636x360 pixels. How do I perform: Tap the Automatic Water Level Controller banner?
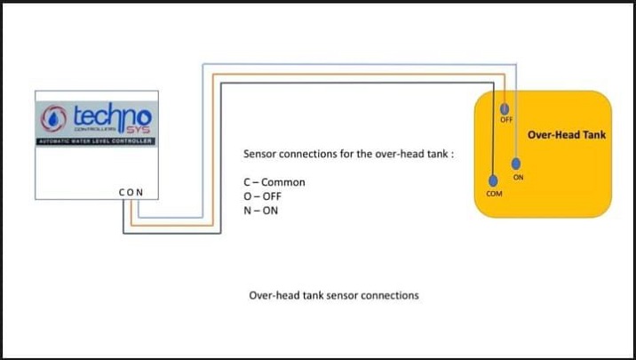coord(96,141)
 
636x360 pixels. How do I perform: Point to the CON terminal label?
coord(131,191)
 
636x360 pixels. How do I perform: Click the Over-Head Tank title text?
coord(567,135)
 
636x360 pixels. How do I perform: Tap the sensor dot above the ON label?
coord(517,163)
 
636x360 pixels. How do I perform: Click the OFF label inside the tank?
coord(506,120)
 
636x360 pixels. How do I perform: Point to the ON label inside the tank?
coord(519,178)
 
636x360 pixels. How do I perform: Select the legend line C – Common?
coord(274,182)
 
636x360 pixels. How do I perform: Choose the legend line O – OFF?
coord(262,196)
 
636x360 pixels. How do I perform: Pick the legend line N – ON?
coord(260,211)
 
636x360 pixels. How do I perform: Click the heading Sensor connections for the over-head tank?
coord(348,154)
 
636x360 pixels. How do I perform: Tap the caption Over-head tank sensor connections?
coord(333,294)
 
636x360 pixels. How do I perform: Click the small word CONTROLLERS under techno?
coord(86,130)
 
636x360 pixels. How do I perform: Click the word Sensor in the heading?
coord(260,154)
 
